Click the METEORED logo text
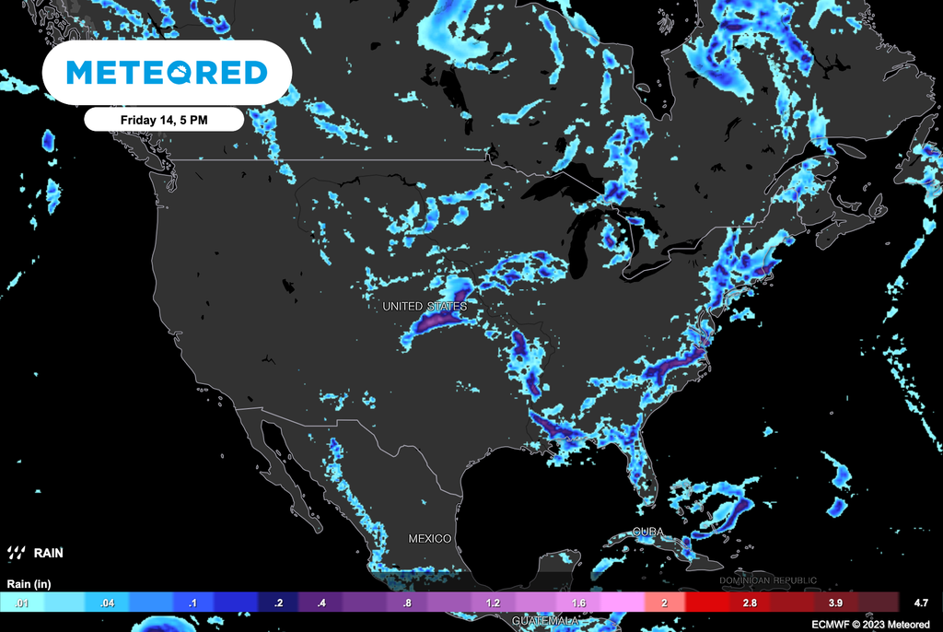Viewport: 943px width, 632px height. point(167,72)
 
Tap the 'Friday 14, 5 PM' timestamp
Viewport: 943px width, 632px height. point(164,120)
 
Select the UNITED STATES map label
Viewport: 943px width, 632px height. point(425,306)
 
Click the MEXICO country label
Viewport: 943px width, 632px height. point(429,538)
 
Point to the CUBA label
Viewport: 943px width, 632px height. point(648,533)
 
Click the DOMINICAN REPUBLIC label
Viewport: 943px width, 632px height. point(767,580)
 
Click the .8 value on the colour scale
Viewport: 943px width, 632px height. point(405,603)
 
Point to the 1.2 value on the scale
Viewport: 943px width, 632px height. point(493,603)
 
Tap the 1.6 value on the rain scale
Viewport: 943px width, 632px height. point(578,603)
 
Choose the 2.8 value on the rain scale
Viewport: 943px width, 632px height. point(751,603)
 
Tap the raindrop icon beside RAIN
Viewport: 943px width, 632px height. point(16,554)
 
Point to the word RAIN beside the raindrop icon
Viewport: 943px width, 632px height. point(48,554)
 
